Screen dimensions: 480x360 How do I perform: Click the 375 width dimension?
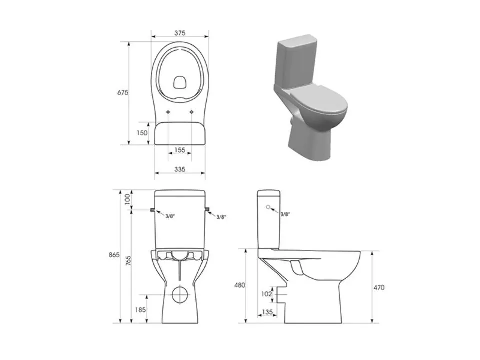click(x=180, y=33)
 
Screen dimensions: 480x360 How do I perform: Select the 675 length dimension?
click(x=123, y=93)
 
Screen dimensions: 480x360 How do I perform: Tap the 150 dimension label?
click(x=142, y=133)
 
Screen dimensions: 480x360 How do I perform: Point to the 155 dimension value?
click(x=180, y=150)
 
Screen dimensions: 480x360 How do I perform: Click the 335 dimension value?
click(x=180, y=169)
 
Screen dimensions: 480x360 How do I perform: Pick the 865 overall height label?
click(x=114, y=255)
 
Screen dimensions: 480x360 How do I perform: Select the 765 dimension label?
click(x=128, y=261)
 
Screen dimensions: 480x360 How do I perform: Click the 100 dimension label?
click(x=127, y=199)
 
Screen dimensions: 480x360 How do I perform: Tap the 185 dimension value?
click(x=140, y=310)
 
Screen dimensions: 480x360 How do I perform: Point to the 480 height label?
click(x=239, y=285)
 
